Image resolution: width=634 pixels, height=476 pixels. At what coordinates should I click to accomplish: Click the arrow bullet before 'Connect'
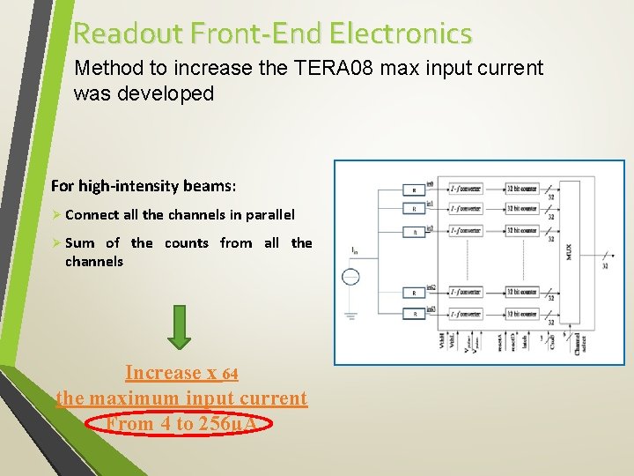56,214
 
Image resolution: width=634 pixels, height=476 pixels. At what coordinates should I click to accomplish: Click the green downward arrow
180,327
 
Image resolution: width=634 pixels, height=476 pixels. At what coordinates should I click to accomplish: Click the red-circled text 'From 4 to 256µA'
181,424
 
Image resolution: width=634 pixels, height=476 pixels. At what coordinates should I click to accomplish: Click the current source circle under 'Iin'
350,279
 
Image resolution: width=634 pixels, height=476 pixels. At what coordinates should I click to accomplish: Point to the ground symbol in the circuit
350,316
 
